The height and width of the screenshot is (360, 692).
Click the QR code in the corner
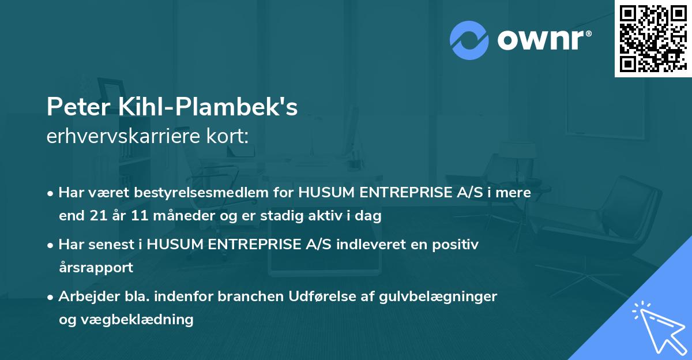point(653,38)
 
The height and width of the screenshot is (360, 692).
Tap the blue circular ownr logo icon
point(469,40)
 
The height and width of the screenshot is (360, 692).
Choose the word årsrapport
point(96,268)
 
